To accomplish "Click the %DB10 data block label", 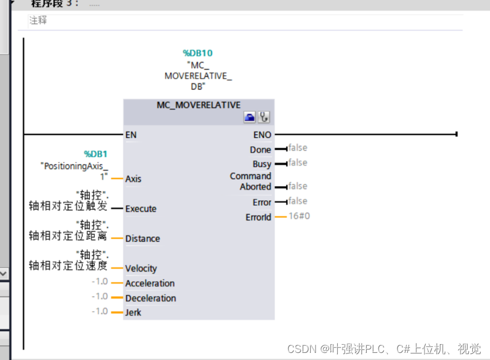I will coord(198,53).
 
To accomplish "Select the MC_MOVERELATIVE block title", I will coord(198,105).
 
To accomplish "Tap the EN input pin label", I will coord(131,135).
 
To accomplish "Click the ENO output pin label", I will coord(262,135).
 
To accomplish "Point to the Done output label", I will coord(260,150).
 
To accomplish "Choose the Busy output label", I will coord(262,164).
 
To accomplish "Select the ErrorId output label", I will coord(258,217).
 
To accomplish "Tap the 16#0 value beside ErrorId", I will coord(300,216).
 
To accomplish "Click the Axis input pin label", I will coord(133,179).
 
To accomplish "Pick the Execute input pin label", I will coord(141,209).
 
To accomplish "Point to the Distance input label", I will coord(143,239).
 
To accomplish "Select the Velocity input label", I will coord(141,269).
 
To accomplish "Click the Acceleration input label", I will coord(150,283).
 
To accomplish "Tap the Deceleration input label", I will coord(150,298).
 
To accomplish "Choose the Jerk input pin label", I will coord(133,312).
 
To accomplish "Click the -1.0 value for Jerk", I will coord(100,311).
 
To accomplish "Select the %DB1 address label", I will coord(96,154).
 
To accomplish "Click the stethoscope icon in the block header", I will coord(264,118).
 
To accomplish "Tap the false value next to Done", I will coord(298,148).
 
